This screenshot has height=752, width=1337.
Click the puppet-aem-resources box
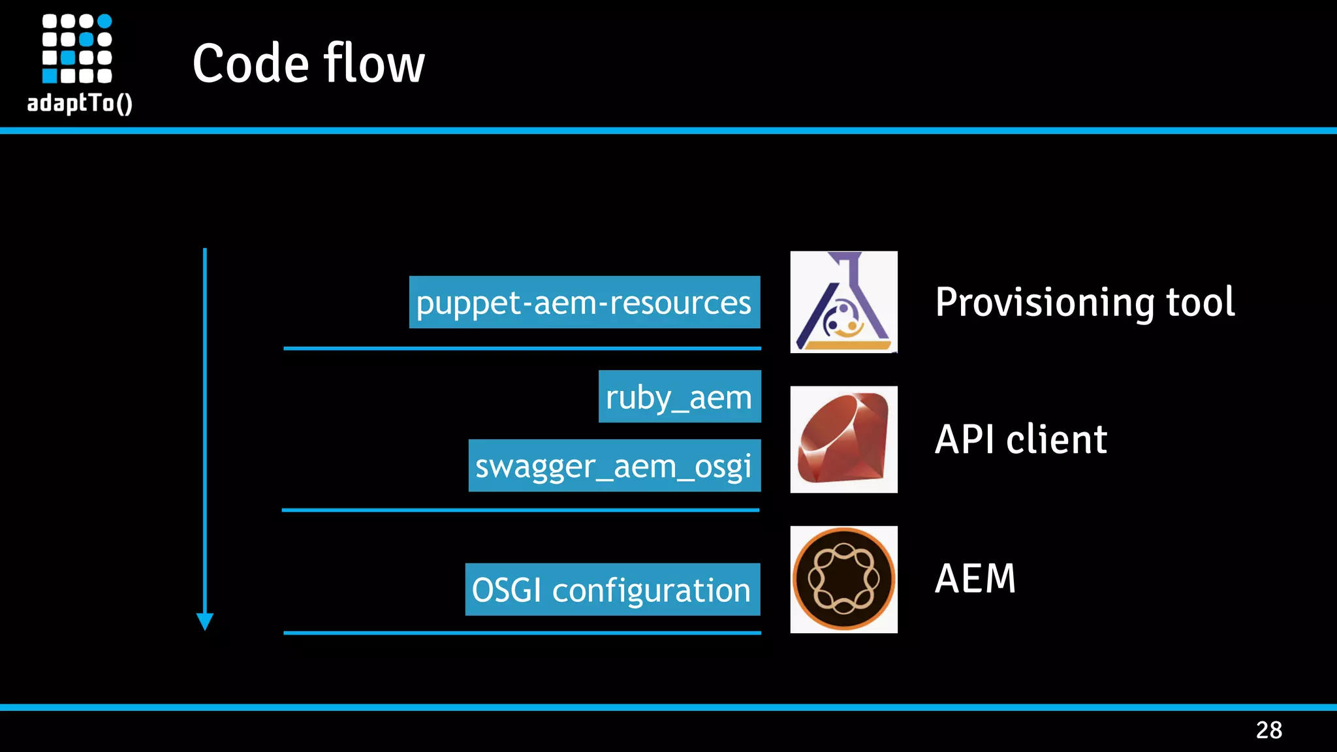click(584, 302)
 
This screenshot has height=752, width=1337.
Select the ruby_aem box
click(679, 396)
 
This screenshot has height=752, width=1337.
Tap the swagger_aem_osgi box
click(614, 465)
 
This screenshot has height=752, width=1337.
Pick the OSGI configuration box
click(612, 589)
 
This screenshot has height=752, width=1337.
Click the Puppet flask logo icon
click(843, 302)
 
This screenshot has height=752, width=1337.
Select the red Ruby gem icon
click(843, 439)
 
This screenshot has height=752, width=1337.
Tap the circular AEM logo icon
click(843, 579)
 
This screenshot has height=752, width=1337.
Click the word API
click(966, 439)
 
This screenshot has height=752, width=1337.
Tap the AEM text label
click(975, 578)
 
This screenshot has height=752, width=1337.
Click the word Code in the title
click(250, 63)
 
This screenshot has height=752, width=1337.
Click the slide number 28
click(1268, 730)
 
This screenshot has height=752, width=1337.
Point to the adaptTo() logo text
click(79, 103)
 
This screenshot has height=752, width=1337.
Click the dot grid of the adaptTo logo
click(76, 49)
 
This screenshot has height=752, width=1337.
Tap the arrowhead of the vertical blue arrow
click(205, 621)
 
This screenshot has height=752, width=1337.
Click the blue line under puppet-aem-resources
click(522, 349)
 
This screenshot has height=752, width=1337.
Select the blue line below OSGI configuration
click(522, 633)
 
